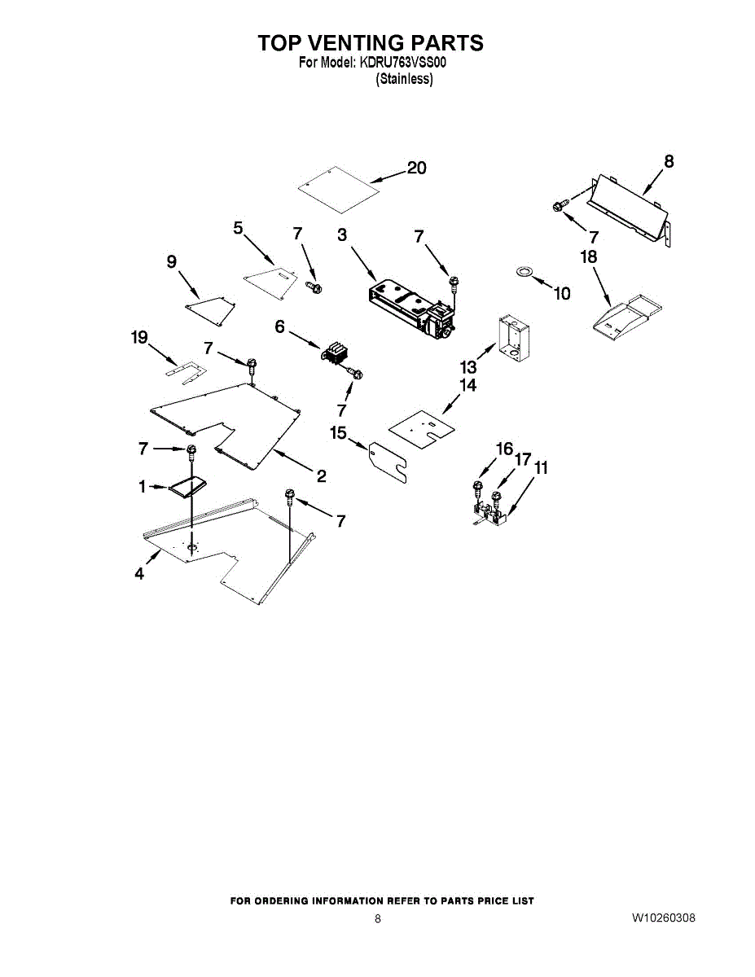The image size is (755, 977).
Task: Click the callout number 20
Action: click(416, 168)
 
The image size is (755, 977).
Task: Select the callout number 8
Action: click(669, 161)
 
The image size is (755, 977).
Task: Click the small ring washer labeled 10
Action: click(524, 272)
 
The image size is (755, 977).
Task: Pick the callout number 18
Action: click(589, 256)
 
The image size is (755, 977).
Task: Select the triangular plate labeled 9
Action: click(211, 311)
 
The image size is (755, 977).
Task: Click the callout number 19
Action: click(139, 337)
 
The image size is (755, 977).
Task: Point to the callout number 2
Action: click(321, 476)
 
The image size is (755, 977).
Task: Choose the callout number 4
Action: click(139, 574)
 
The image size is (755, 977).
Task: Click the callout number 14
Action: click(467, 385)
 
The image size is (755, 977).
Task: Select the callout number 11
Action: click(541, 468)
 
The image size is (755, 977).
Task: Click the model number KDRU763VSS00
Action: click(402, 62)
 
